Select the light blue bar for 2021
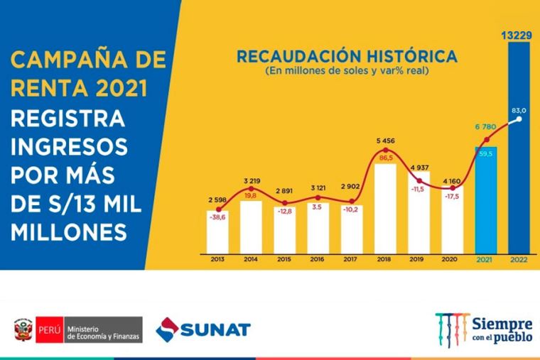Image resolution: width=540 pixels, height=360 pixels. [486, 199]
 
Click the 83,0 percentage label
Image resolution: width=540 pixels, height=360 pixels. [519, 110]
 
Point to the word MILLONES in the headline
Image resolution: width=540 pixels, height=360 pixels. [71, 231]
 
